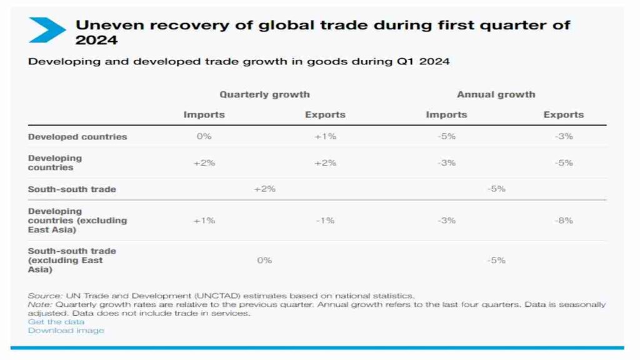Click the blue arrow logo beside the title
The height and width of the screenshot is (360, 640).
coord(46,29)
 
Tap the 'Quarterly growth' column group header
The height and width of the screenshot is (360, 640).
coord(264,94)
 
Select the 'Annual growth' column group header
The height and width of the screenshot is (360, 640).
coord(496,94)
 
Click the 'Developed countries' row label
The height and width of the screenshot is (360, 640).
coord(77,136)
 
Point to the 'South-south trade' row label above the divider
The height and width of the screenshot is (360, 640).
coord(72,189)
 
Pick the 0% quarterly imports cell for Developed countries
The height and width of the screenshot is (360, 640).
coord(204,136)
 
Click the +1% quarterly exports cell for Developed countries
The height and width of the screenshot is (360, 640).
coord(325,136)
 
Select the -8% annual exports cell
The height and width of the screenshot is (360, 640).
coord(563,220)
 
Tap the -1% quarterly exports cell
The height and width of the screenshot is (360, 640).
coord(325,220)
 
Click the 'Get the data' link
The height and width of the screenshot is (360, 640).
coord(56,322)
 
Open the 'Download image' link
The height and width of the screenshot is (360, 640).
coord(66,331)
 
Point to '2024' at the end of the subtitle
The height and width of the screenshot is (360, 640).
coord(436,62)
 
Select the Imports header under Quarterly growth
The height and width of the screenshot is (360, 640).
coord(204,115)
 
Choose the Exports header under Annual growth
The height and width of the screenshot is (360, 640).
coord(563,115)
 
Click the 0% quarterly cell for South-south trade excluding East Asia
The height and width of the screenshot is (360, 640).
coord(264,260)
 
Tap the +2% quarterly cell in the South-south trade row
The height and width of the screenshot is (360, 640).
coord(264,189)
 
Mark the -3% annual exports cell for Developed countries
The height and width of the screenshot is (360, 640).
coord(563,136)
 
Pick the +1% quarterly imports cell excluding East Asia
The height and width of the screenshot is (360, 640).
coord(204,220)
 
